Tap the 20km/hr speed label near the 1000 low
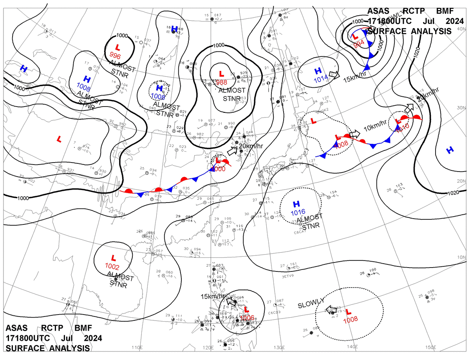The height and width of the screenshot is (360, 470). click(251, 147)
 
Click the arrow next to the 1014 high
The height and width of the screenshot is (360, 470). click(334, 74)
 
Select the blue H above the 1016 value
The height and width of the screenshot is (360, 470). click(296, 204)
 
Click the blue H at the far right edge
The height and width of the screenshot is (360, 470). click(450, 150)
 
